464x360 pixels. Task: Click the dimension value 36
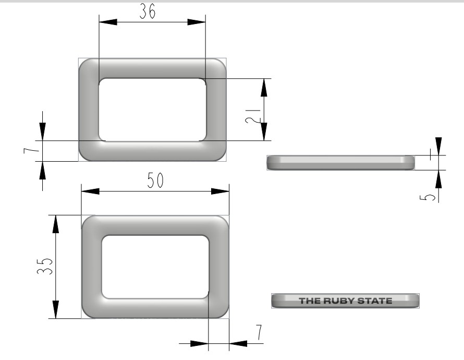point(148,13)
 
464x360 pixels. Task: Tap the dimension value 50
point(155,180)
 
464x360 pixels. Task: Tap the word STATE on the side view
point(380,301)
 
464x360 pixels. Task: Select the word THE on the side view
point(311,301)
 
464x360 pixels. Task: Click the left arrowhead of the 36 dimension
point(107,22)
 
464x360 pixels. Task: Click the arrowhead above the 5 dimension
point(438,146)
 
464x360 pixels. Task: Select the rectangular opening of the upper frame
point(152,110)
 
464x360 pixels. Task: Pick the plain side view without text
point(341,162)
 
